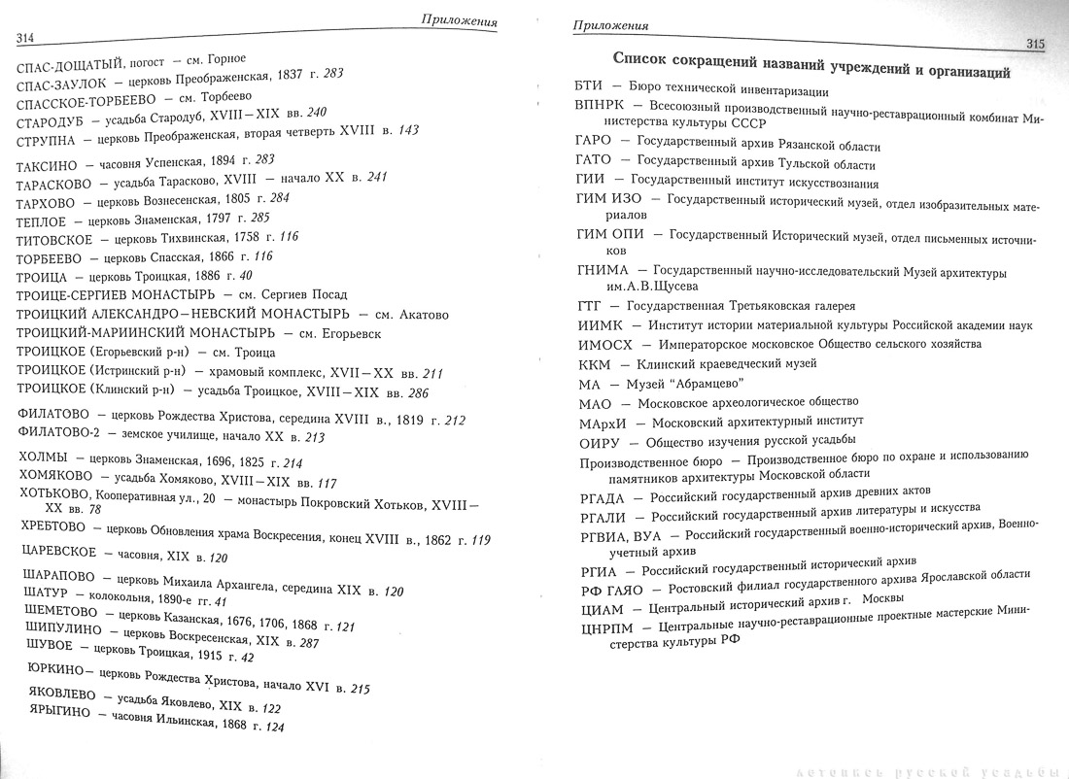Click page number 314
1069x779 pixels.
[x=25, y=37]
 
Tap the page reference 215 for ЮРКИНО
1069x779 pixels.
[x=359, y=688]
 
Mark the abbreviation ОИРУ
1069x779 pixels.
[x=598, y=441]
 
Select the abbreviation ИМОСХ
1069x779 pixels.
[x=604, y=344]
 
